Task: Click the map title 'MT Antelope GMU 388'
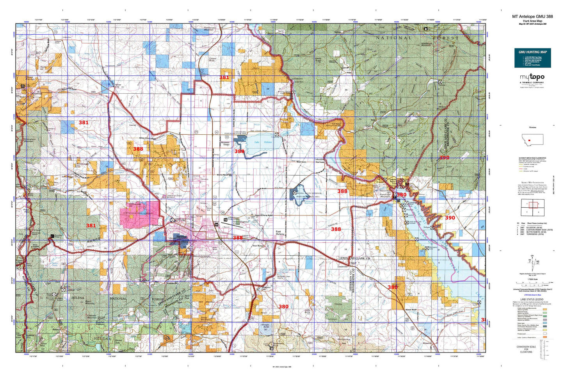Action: point(532,17)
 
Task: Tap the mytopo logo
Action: point(532,78)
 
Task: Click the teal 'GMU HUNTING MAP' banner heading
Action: point(532,52)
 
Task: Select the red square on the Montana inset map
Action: point(529,140)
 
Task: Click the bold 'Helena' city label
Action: point(181,237)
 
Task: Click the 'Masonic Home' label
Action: point(225,144)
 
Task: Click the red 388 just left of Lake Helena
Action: point(239,151)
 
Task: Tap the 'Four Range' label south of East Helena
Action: point(258,246)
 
